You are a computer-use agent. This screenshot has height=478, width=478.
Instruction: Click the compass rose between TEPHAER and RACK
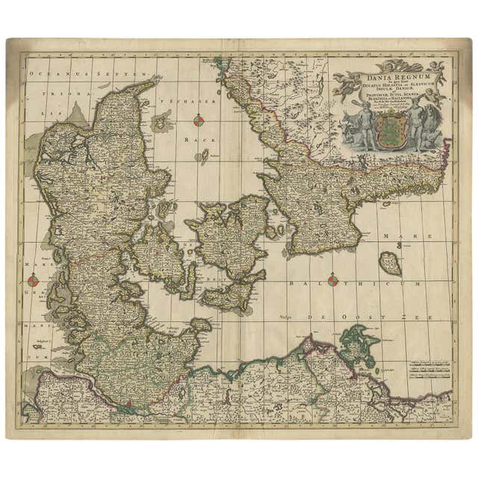[x=199, y=120]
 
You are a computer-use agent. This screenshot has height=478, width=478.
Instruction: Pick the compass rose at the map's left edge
[x=33, y=281]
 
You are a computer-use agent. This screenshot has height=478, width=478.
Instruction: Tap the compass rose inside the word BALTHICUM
[x=333, y=281]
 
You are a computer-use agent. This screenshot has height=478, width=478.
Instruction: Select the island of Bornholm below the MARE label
[x=388, y=262]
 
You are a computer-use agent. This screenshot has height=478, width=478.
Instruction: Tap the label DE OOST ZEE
[x=358, y=318]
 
